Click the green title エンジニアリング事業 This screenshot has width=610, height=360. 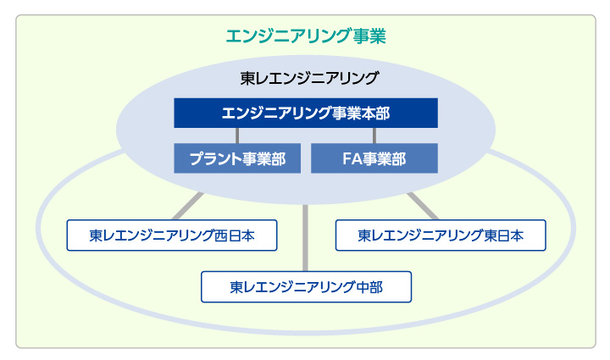[306, 36]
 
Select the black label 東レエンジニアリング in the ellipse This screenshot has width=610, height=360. [309, 78]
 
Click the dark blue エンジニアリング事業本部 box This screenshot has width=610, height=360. [306, 113]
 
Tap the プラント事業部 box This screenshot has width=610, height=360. [237, 158]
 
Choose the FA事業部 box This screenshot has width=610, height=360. [374, 158]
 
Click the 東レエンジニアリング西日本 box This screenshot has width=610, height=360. [172, 235]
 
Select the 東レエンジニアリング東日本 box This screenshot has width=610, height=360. [441, 235]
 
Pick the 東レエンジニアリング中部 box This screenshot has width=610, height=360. [306, 287]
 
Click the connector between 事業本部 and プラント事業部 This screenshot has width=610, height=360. [237, 136]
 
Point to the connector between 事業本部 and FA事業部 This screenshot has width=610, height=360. [374, 136]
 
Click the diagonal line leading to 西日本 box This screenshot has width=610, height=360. [188, 206]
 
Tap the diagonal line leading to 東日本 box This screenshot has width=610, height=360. [423, 206]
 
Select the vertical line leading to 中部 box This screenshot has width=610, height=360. [305, 238]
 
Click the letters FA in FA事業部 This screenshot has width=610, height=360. [351, 158]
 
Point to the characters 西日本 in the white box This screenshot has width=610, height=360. [235, 235]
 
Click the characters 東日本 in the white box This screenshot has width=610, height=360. [503, 235]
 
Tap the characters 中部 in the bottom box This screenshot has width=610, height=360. [369, 287]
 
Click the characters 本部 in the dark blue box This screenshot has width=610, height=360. [375, 114]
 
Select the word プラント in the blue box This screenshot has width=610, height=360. [215, 158]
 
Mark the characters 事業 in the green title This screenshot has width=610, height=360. [369, 36]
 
